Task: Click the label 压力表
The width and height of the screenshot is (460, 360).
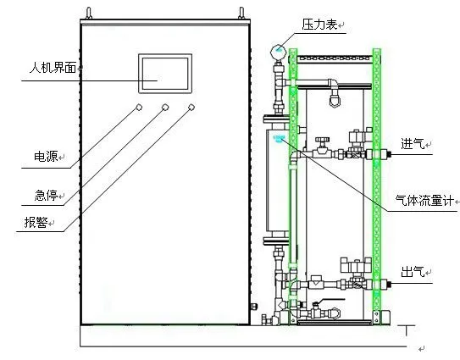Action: pyautogui.click(x=319, y=25)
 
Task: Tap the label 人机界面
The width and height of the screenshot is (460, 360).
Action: pyautogui.click(x=53, y=67)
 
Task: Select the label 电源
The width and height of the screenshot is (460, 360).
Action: pyautogui.click(x=46, y=157)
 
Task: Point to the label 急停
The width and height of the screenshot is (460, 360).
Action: pyautogui.click(x=46, y=195)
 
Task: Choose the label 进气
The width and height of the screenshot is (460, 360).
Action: pyautogui.click(x=413, y=143)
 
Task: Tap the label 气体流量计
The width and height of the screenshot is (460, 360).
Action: pyautogui.click(x=424, y=201)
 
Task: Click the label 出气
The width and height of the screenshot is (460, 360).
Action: pyautogui.click(x=413, y=272)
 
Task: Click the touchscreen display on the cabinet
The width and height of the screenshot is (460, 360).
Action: pyautogui.click(x=165, y=74)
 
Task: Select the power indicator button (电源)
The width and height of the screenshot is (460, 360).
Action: pyautogui.click(x=139, y=107)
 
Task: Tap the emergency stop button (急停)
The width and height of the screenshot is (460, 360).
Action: pyautogui.click(x=165, y=107)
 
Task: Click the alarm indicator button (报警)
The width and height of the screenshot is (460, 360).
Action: pyautogui.click(x=191, y=107)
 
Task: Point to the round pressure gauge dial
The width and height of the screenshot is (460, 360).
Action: pyautogui.click(x=278, y=52)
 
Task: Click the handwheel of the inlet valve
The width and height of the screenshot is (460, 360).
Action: pyautogui.click(x=323, y=140)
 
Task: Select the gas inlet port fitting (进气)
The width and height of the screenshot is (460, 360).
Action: pyautogui.click(x=385, y=154)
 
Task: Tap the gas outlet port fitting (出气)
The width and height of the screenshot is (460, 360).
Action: pyautogui.click(x=385, y=284)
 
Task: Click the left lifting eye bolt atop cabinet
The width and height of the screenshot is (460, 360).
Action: pyautogui.click(x=89, y=14)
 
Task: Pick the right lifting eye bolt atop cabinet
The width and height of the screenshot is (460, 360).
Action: pyautogui.click(x=241, y=14)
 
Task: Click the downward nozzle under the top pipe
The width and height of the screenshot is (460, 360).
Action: pyautogui.click(x=335, y=98)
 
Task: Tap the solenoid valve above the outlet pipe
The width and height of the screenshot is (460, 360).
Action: pyautogui.click(x=356, y=265)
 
